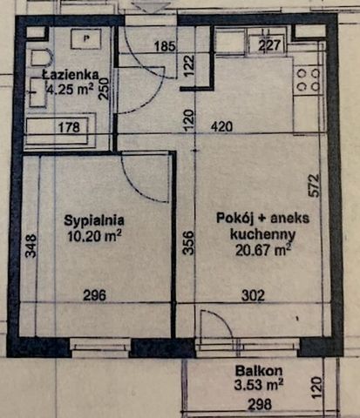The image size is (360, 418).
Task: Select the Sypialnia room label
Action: (93, 220)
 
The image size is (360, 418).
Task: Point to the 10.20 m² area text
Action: (93, 234)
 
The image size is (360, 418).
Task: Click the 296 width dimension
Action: (94, 295)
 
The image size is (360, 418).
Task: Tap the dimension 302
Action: (253, 295)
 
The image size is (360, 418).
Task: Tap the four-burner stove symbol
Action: (307, 81)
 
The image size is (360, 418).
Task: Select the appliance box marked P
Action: (85, 39)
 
